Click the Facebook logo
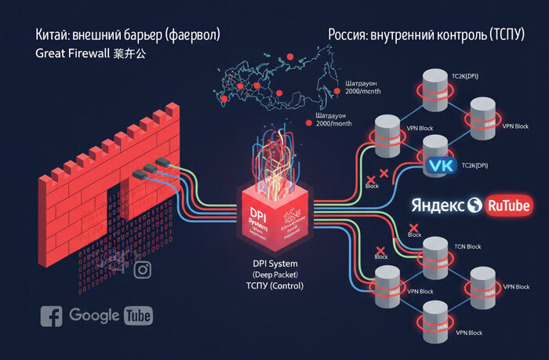(x=52, y=316)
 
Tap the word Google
(x=94, y=315)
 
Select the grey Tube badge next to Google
(x=139, y=316)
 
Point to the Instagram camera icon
(x=143, y=271)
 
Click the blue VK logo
(x=444, y=166)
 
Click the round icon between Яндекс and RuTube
(x=474, y=205)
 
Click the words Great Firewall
(x=73, y=55)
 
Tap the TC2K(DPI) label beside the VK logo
(x=474, y=166)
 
